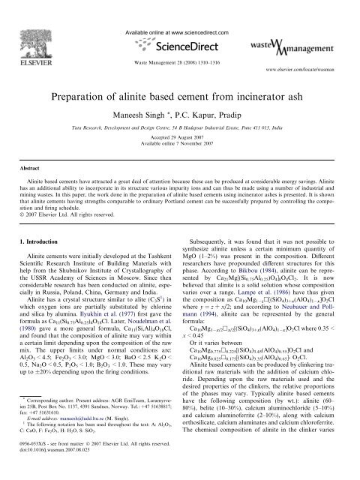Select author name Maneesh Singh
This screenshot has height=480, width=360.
[148, 94]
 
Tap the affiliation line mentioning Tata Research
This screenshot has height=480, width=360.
[180, 107]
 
